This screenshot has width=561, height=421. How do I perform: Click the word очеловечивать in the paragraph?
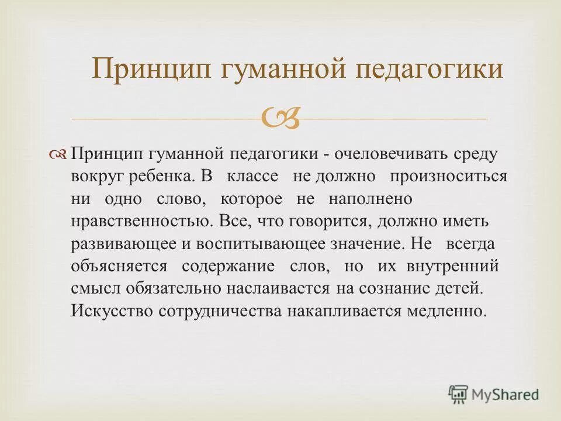click(390, 155)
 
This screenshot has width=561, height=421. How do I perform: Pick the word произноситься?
click(449, 177)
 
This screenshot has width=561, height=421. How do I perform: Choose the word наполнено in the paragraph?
click(370, 199)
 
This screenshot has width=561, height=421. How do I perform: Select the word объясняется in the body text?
click(119, 266)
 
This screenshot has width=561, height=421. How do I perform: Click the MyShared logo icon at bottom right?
click(459, 395)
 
